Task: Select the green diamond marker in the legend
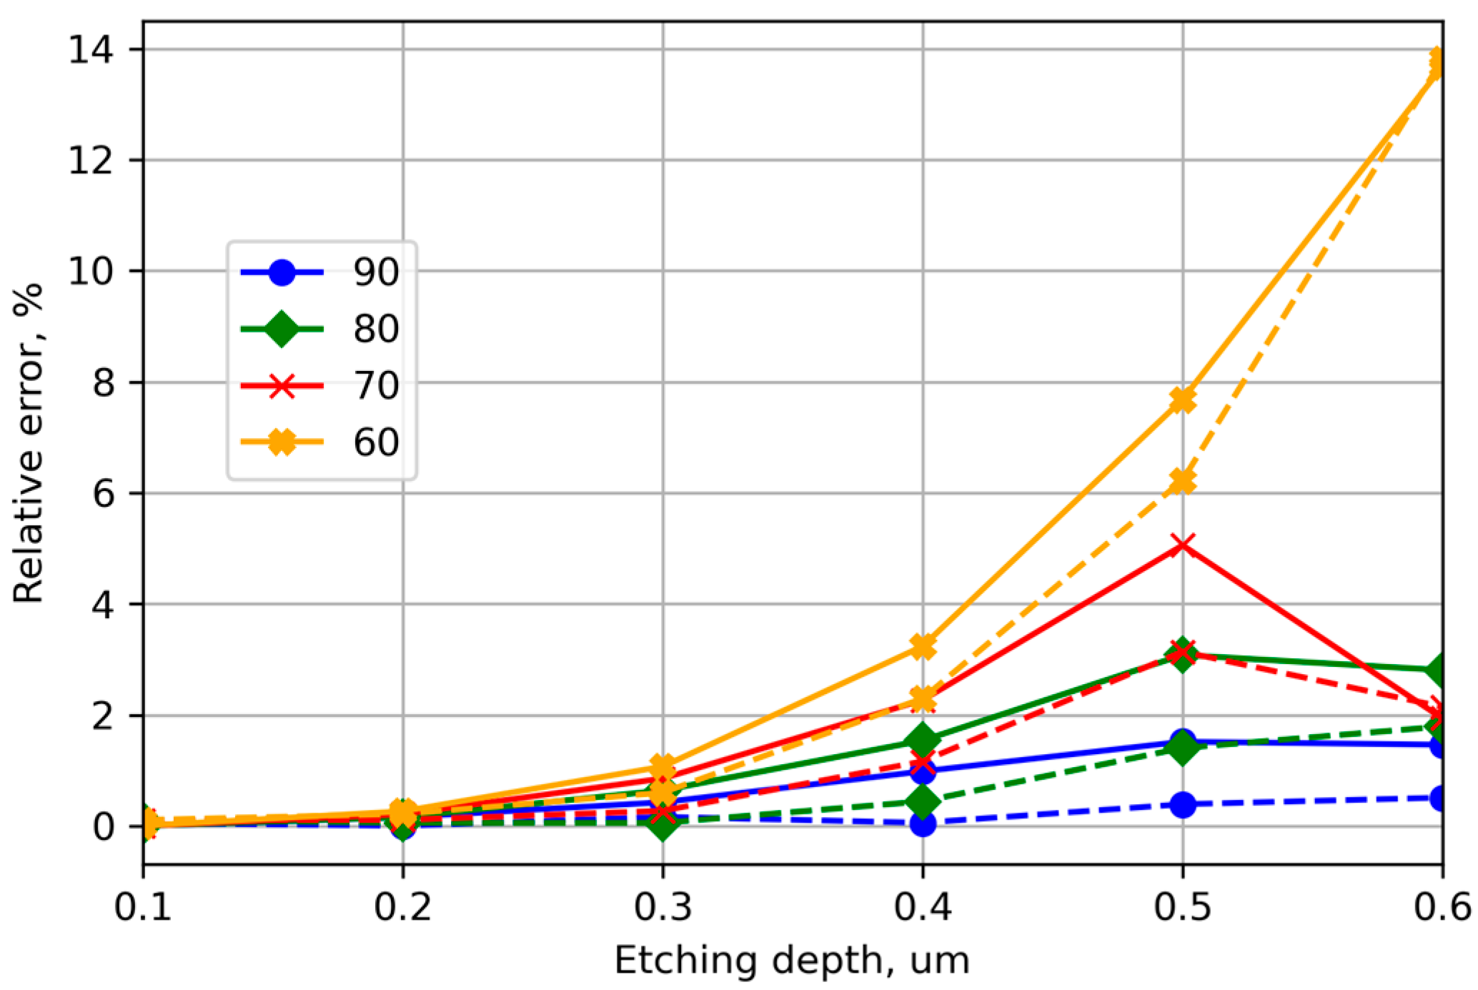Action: coord(282,329)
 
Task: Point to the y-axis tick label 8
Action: coord(103,383)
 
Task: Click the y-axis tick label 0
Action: coord(103,827)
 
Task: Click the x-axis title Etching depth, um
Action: coord(792,960)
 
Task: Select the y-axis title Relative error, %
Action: coord(29,443)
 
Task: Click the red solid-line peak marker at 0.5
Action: coord(1183,546)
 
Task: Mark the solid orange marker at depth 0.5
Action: coord(1183,400)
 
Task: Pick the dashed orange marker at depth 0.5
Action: coord(1183,482)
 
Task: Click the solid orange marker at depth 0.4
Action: coord(923,647)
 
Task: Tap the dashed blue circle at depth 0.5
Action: coord(1183,805)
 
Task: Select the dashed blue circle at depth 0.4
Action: coord(923,824)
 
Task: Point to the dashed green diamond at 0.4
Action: coord(923,801)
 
